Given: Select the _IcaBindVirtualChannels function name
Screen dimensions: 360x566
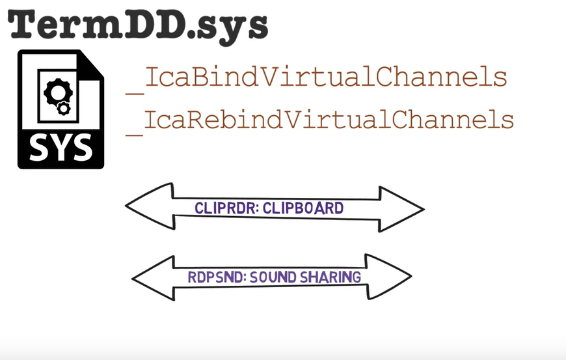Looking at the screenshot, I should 317,78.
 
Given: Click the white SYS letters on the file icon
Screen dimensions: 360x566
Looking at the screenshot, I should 60,148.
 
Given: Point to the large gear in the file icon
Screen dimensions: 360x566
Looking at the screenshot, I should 54,95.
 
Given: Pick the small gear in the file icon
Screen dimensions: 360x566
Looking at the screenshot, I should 63,109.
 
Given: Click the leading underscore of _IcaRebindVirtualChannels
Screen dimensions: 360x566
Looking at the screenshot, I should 135,134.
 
